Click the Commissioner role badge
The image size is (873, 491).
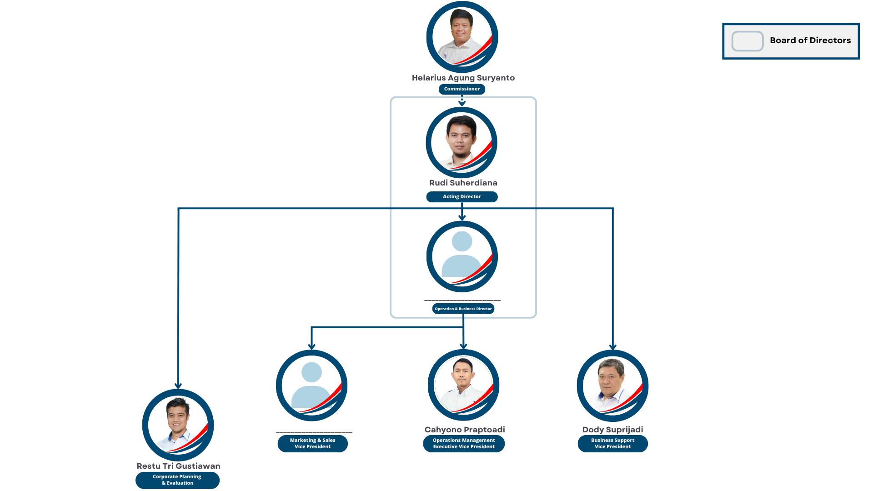[x=462, y=89]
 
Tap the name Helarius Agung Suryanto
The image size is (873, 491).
[x=463, y=78]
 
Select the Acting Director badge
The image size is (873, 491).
[x=462, y=197]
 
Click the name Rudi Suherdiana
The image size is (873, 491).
[x=463, y=183]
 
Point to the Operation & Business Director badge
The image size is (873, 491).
[x=463, y=309]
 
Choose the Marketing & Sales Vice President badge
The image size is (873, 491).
[x=312, y=444]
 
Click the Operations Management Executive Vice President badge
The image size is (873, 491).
[x=463, y=444]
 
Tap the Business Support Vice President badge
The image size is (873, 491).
[x=612, y=444]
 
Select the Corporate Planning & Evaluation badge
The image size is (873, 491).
[x=177, y=480]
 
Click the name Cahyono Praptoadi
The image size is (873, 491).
[x=464, y=430]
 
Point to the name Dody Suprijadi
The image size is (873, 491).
[x=612, y=430]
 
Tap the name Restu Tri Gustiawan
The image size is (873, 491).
[x=178, y=466]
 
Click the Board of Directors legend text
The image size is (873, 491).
[x=810, y=40]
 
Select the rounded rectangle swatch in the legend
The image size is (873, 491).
[x=747, y=41]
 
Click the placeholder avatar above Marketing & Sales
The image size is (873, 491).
[x=311, y=386]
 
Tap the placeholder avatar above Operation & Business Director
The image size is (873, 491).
[x=462, y=256]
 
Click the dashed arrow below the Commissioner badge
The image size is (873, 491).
[x=462, y=100]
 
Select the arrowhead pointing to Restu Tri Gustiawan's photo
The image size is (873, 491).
[x=178, y=386]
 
